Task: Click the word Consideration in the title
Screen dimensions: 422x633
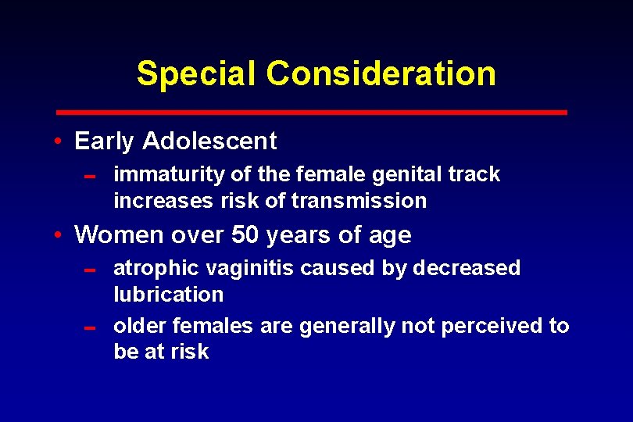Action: pyautogui.click(x=381, y=73)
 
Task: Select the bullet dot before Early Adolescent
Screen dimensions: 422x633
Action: pyautogui.click(x=59, y=141)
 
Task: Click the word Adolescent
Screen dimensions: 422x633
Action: pyautogui.click(x=209, y=141)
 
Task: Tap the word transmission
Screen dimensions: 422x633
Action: pyautogui.click(x=359, y=201)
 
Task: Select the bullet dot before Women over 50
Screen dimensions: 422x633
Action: pyautogui.click(x=59, y=234)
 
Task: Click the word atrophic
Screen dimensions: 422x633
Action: pyautogui.click(x=156, y=268)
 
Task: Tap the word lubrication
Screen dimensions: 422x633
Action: pyautogui.click(x=168, y=295)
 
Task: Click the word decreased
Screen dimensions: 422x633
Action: pyautogui.click(x=466, y=268)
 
